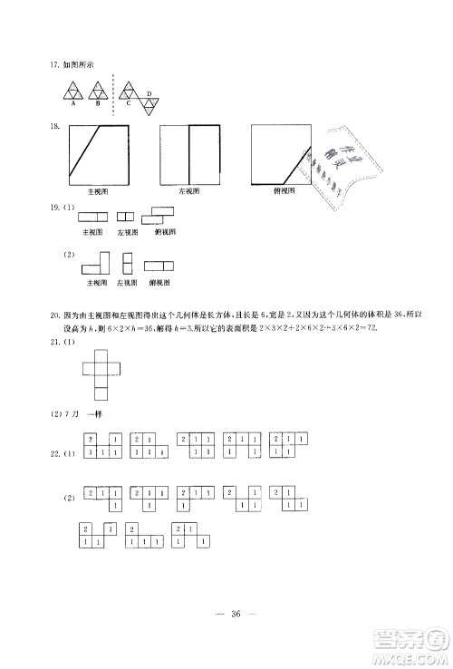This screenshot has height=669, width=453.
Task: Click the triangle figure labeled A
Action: (x=72, y=92)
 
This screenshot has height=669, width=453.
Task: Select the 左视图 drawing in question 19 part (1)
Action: (x=126, y=217)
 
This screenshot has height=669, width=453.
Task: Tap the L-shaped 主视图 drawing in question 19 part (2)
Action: (x=95, y=264)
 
